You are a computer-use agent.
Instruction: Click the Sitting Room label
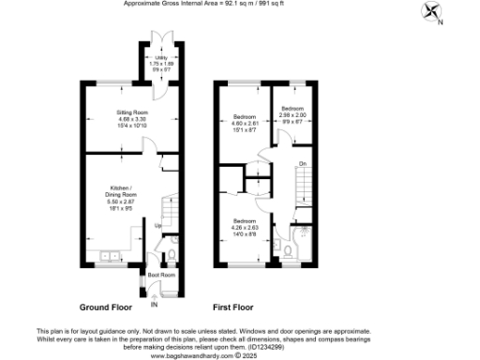tap(132, 112)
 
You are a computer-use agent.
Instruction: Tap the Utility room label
tap(161, 58)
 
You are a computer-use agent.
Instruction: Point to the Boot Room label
tap(161, 275)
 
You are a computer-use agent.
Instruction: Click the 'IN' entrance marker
tap(155, 304)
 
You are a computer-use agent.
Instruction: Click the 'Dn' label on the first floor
tap(302, 164)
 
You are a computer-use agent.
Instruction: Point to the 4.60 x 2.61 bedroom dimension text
tap(246, 124)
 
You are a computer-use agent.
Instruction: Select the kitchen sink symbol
tap(107, 254)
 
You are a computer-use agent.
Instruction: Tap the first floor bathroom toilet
tap(279, 248)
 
